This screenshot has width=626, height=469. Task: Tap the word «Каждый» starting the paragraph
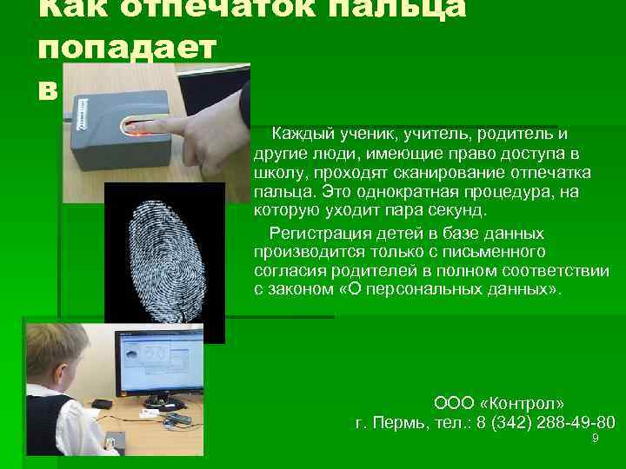tap(301, 135)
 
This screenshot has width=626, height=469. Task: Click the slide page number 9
tap(595, 439)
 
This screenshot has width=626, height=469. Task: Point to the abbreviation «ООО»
tap(450, 404)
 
